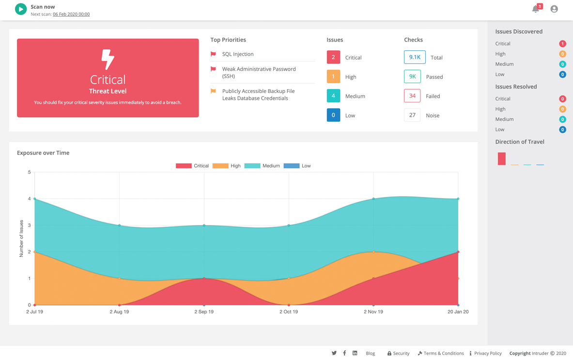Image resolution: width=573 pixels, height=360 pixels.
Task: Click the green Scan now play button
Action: [x=21, y=9]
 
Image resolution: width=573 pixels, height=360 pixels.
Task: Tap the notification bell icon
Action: [x=535, y=9]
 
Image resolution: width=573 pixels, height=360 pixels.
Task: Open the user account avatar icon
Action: [x=554, y=9]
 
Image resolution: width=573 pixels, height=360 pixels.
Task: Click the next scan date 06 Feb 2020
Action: [x=71, y=15]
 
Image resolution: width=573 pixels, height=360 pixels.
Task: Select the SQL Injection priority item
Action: [x=237, y=54]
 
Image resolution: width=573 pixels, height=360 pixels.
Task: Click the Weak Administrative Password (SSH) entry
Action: [x=259, y=73]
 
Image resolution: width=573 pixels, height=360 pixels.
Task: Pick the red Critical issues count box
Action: [x=333, y=57]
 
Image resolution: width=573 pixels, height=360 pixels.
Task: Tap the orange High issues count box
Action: [x=333, y=77]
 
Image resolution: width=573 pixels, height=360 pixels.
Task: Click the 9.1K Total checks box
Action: [x=415, y=57]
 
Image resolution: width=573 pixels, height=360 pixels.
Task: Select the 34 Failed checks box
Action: [x=412, y=96]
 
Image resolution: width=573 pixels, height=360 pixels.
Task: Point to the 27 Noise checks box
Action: [x=412, y=115]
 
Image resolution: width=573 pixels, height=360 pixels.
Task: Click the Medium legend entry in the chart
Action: [x=263, y=166]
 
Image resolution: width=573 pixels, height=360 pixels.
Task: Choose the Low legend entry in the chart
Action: [x=297, y=166]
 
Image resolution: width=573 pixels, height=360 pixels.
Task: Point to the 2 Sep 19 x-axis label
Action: [x=204, y=312]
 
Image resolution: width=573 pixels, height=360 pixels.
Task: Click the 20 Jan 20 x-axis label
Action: [x=458, y=312]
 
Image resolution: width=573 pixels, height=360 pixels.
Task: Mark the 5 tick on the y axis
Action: [x=30, y=172]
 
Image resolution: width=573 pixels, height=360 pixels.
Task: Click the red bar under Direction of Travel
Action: [x=502, y=159]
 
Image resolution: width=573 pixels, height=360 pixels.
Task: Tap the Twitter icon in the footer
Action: [x=334, y=353]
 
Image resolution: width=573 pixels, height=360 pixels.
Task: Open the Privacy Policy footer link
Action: [x=488, y=354]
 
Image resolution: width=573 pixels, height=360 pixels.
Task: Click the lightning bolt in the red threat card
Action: [x=108, y=60]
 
